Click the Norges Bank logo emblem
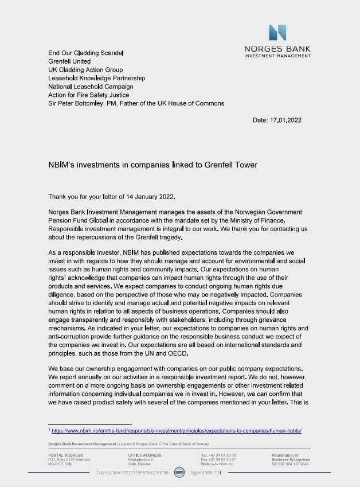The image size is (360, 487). [277, 33]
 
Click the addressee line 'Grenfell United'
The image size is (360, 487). [69, 61]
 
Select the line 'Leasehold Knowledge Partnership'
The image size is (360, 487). [96, 77]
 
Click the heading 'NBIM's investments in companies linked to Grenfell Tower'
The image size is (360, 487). [152, 165]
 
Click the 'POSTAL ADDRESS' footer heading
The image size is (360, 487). [65, 455]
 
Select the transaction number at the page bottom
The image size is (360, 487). [132, 473]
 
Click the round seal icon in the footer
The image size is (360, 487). [179, 473]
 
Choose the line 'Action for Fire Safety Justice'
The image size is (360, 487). [88, 95]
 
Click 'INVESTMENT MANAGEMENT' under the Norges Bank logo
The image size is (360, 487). [277, 56]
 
